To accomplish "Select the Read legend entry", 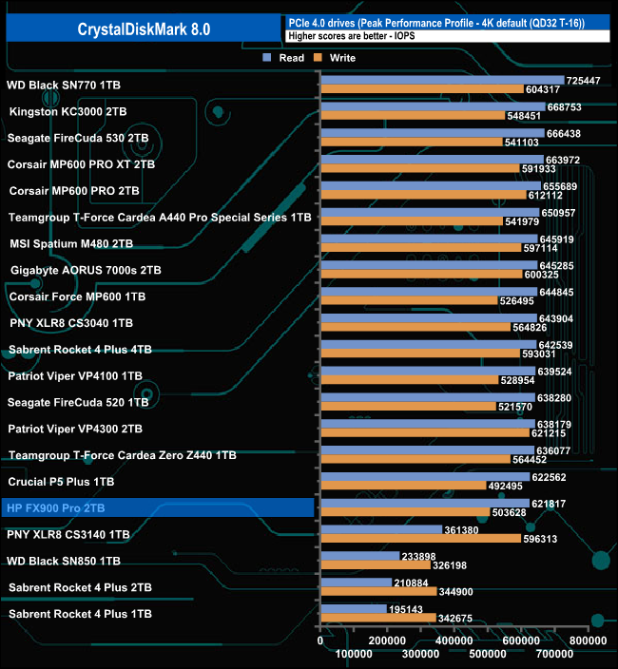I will tap(284, 58).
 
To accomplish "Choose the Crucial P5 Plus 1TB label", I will tap(61, 482).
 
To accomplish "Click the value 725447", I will tap(583, 81).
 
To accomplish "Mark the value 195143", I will tap(406, 608).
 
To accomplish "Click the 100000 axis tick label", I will tap(354, 654).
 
